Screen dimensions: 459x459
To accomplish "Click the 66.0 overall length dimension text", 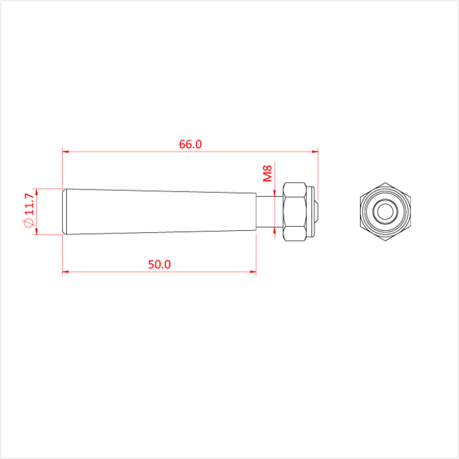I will coord(190,144).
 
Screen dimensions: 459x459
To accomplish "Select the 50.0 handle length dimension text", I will coord(159,264).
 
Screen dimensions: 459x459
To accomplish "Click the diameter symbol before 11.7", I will coord(28,224).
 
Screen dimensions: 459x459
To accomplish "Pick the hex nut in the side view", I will coord(294,212).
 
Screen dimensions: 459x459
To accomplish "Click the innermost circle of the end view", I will coord(385,212).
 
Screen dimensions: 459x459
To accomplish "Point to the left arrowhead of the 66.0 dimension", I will coord(66,151).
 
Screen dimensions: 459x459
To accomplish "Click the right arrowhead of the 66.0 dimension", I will coord(315,151).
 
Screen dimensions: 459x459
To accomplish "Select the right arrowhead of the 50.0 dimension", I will coord(252,271).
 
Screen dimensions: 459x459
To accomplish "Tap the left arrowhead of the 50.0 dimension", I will coord(66,271).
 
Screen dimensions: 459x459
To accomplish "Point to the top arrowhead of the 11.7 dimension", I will coord(37,191).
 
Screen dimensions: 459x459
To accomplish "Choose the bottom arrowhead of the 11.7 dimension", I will coord(37,231).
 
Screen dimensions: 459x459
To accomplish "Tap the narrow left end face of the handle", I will coord(64,212).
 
